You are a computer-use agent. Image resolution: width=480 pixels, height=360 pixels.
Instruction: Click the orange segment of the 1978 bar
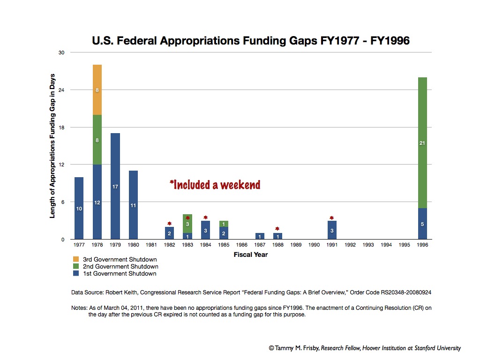(97, 90)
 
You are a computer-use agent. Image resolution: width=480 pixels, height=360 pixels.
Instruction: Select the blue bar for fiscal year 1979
(115, 186)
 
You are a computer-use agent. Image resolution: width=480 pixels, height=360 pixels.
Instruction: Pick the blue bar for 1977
(79, 208)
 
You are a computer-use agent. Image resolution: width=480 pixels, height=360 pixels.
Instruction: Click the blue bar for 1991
(332, 230)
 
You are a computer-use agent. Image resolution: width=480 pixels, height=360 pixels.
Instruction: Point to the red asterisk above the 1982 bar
(169, 224)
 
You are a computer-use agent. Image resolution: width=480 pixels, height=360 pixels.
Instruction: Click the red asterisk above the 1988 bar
(277, 229)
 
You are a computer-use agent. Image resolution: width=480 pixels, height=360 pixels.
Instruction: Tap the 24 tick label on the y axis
(61, 90)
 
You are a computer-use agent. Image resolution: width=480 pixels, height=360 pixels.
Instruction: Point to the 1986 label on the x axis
(241, 245)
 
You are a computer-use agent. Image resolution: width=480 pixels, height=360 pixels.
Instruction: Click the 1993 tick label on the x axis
(368, 245)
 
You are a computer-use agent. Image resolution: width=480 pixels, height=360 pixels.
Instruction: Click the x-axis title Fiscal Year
(251, 255)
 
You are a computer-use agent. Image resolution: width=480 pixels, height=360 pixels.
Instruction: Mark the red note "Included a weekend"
(215, 185)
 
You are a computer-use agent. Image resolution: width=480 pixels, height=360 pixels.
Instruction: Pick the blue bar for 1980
(133, 205)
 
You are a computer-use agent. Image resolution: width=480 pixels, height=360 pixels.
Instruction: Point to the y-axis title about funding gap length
(52, 146)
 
